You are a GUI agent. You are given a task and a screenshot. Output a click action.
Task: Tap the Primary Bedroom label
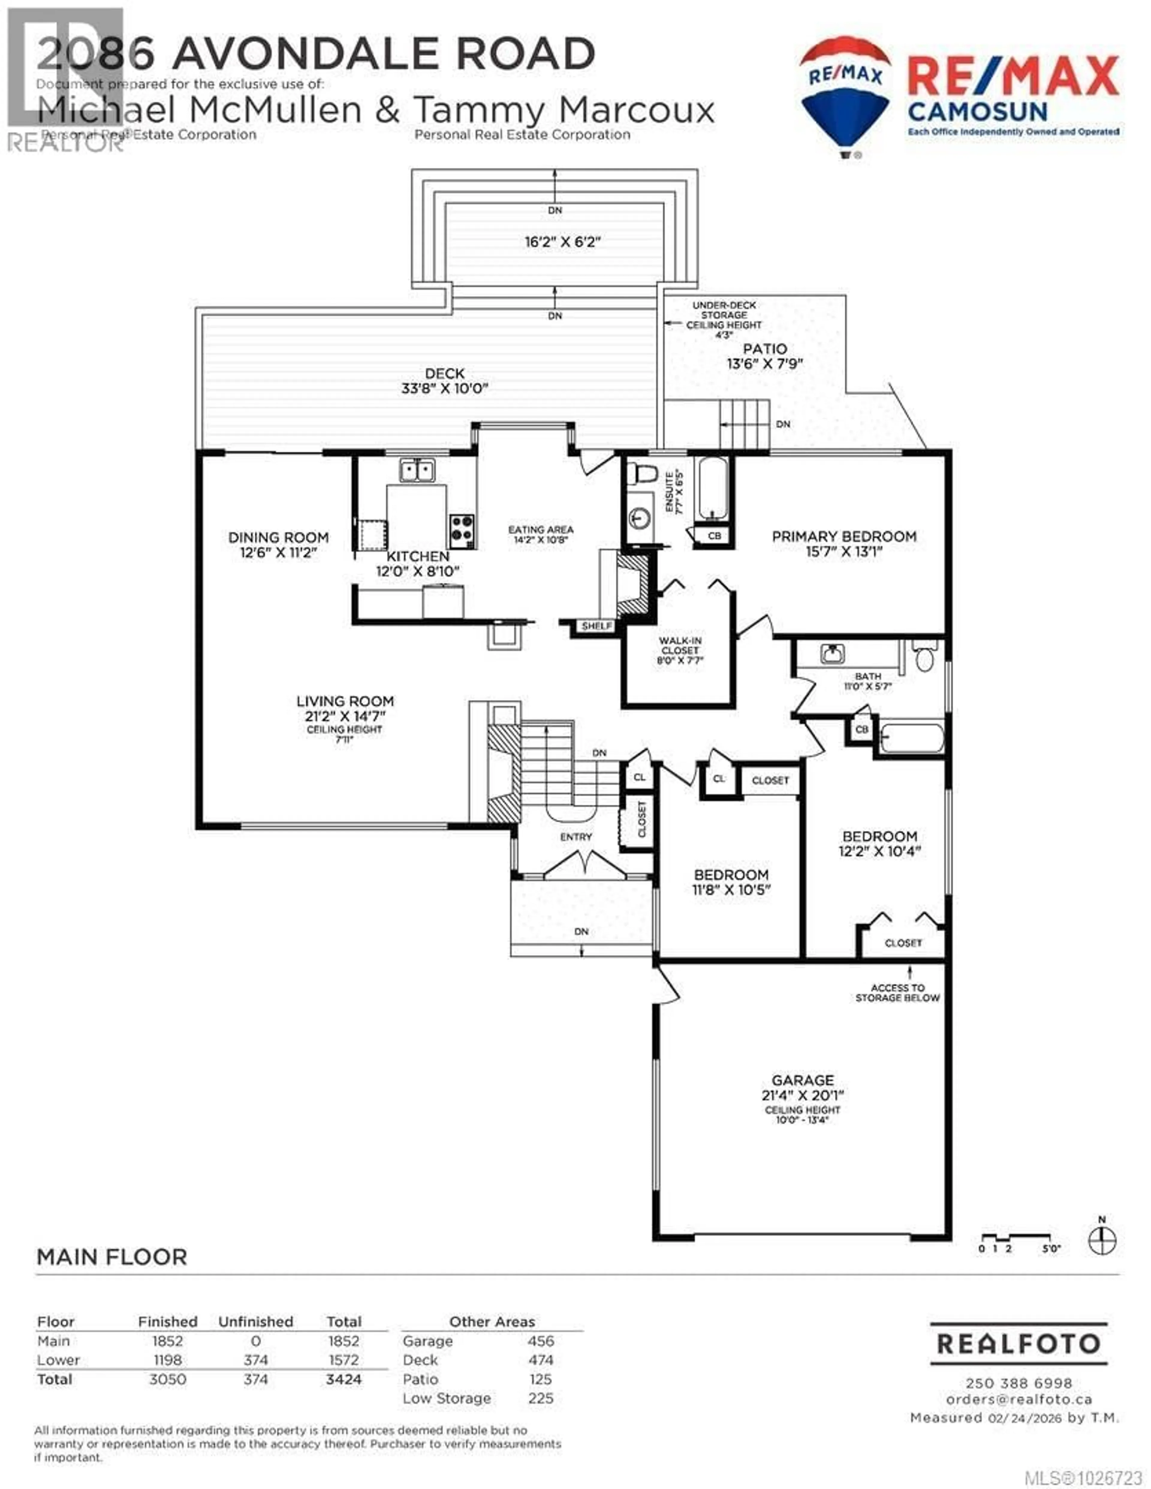point(843,537)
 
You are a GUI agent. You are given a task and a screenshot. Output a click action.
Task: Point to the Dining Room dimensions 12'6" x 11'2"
point(278,553)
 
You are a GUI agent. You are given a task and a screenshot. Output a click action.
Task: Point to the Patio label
point(765,349)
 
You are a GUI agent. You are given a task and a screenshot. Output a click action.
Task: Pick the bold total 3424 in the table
point(344,1379)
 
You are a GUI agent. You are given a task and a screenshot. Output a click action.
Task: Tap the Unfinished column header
point(256,1321)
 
